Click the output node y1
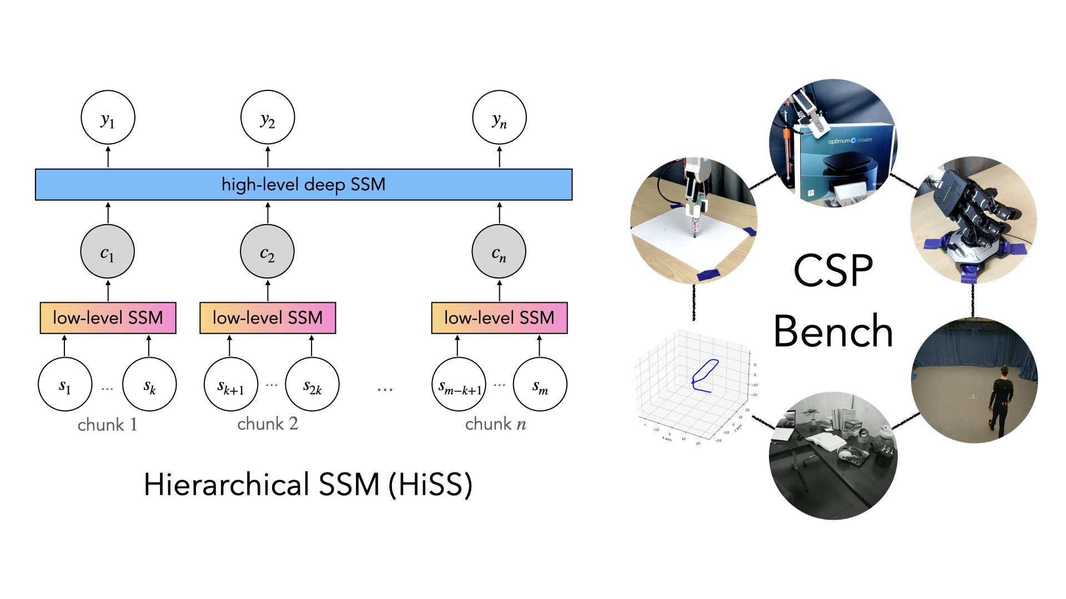[x=108, y=118]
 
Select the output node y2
[x=268, y=118]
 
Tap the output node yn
[x=499, y=118]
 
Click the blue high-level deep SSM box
[x=304, y=185]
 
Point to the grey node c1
[x=108, y=251]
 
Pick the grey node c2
[x=268, y=251]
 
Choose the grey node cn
[x=499, y=251]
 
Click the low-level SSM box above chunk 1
[x=108, y=318]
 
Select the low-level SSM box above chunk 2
[x=268, y=318]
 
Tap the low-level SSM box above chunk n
[x=499, y=318]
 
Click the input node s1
[x=65, y=384]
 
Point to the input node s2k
[x=312, y=384]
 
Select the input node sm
[x=540, y=384]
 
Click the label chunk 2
[x=268, y=424]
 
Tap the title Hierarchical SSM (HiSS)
[x=308, y=484]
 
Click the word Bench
[x=833, y=331]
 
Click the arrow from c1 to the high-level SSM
[x=108, y=212]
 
